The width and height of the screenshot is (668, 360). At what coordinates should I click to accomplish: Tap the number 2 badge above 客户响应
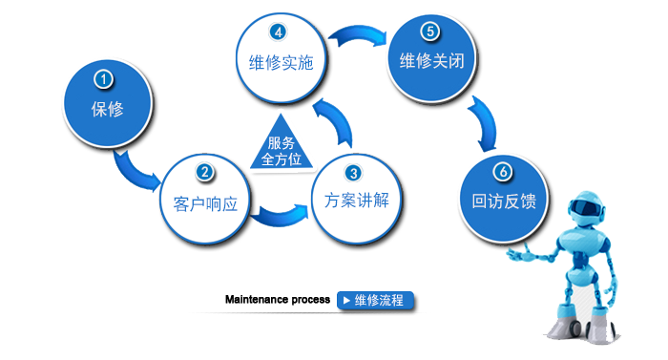pos(203,173)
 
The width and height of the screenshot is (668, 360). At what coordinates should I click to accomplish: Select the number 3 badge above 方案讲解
pos(353,173)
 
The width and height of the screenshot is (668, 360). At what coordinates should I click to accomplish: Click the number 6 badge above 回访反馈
pos(503,172)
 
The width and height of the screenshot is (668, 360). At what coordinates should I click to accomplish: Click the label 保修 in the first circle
pos(107,108)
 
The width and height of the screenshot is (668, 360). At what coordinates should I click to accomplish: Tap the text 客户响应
pos(204,202)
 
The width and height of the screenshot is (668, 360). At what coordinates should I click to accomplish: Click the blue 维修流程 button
pos(375,300)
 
